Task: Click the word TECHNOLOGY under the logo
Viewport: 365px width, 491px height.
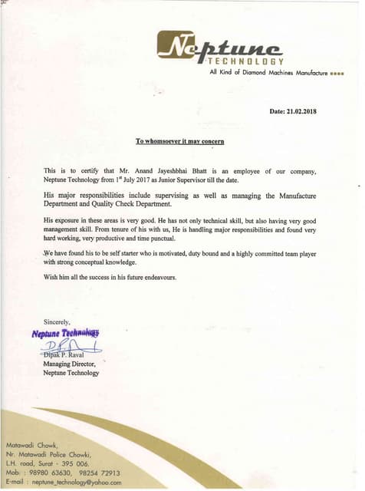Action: point(246,61)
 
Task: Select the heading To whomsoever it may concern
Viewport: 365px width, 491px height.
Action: point(179,142)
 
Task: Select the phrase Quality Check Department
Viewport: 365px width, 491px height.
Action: point(140,205)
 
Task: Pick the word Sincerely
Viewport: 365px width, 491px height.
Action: point(57,322)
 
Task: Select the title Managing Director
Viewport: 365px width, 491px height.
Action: point(71,364)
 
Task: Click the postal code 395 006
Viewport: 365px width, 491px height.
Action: point(72,463)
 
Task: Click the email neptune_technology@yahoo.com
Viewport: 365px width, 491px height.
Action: point(73,482)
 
